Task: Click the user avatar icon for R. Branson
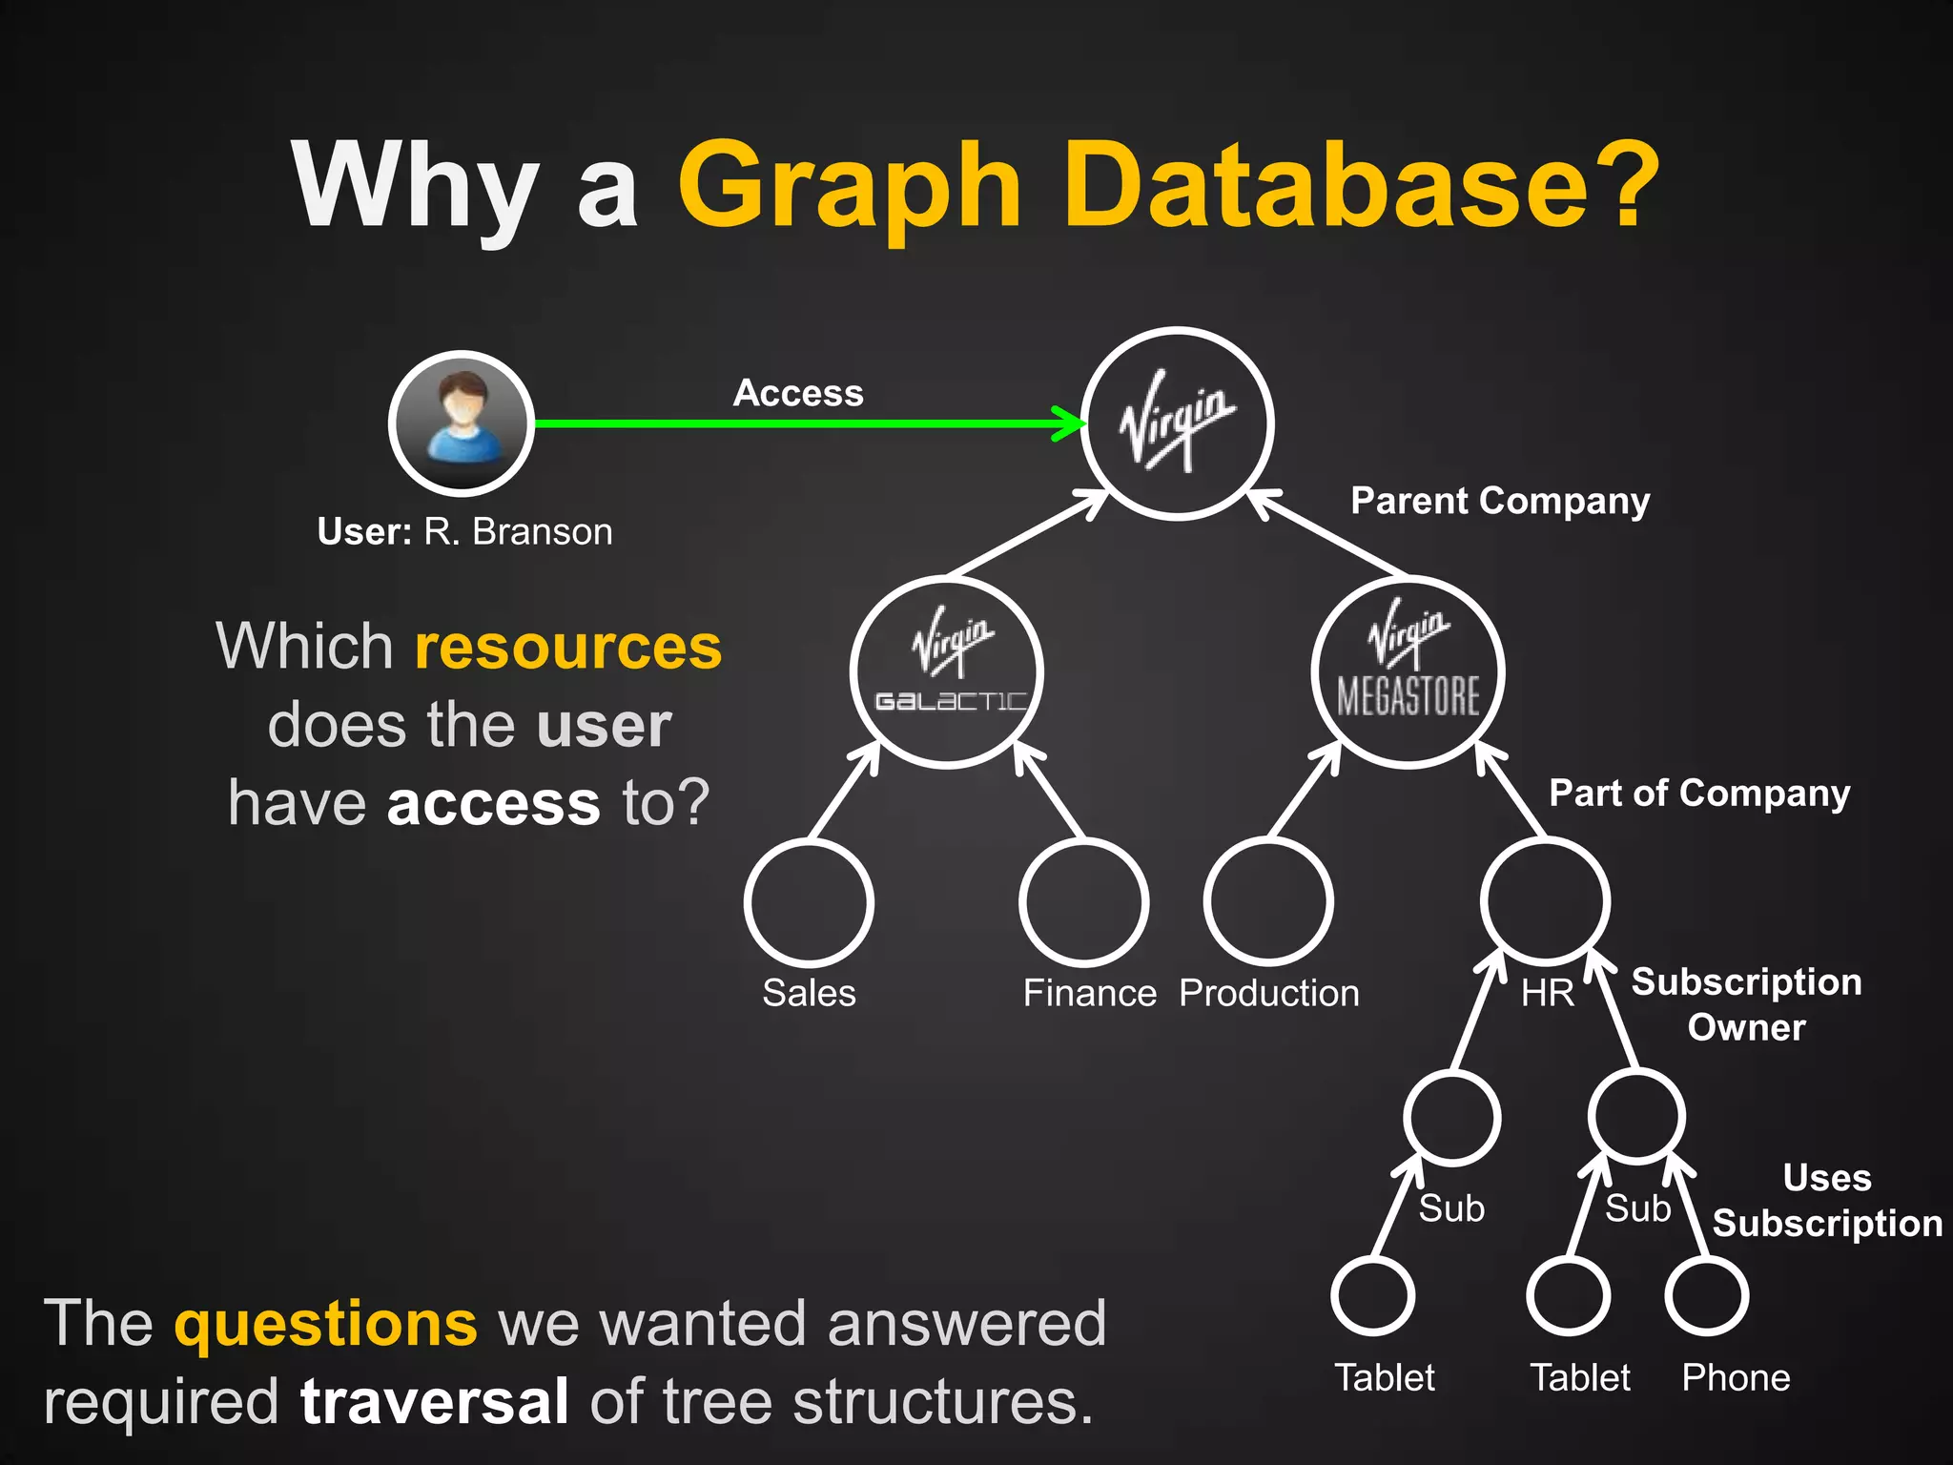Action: click(462, 423)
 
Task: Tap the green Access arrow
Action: click(801, 423)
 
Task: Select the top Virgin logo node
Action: click(1178, 423)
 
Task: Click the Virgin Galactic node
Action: click(947, 671)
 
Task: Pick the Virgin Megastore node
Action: click(1408, 671)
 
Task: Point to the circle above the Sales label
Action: click(809, 902)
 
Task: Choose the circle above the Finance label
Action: click(1083, 902)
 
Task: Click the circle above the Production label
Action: click(1268, 902)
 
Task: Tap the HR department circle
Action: click(1546, 902)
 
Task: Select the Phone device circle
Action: click(1707, 1296)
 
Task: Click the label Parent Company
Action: click(1500, 501)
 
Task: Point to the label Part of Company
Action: click(1699, 793)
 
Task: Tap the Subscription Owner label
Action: click(1746, 1004)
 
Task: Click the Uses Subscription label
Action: click(1827, 1201)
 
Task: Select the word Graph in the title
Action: click(850, 187)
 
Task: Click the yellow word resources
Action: click(568, 647)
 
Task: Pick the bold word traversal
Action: click(435, 1401)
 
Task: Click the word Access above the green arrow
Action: click(798, 393)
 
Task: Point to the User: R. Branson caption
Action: click(464, 531)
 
